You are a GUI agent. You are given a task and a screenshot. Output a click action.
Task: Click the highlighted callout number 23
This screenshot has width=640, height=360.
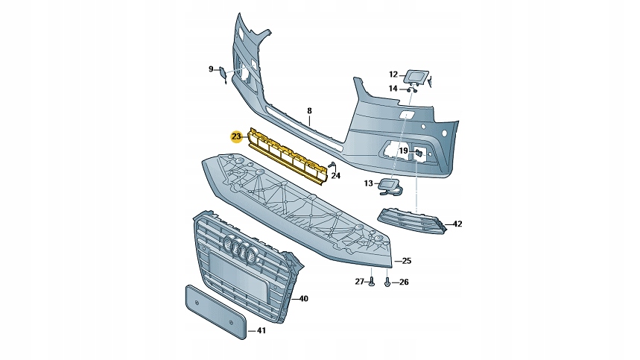tap(236, 136)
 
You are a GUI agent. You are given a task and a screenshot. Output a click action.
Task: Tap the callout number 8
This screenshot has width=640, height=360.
tap(309, 111)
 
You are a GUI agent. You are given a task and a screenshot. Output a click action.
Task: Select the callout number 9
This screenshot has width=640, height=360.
tap(210, 69)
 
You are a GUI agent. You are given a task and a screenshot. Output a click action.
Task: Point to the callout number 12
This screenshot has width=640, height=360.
tap(393, 74)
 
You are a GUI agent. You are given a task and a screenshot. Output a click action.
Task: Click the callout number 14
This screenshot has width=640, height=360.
tap(393, 89)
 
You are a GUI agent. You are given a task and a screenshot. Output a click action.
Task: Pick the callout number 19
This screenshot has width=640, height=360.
tap(402, 151)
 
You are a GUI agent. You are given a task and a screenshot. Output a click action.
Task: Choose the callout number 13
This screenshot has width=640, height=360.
tap(368, 183)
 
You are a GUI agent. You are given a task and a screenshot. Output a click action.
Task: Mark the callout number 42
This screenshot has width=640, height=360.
tap(457, 224)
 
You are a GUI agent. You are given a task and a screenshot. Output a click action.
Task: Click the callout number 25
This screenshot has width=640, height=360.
tap(407, 261)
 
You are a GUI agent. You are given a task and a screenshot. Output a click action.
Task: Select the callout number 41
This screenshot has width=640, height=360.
tap(261, 330)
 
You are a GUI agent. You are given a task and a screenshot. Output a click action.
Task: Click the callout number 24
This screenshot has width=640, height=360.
tap(336, 176)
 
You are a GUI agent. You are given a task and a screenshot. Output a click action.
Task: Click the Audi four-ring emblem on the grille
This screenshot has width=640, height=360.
tap(242, 250)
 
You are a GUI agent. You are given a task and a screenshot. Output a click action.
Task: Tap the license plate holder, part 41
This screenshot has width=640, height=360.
tap(214, 309)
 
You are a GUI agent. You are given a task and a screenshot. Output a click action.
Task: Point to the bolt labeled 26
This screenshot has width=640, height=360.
tap(387, 282)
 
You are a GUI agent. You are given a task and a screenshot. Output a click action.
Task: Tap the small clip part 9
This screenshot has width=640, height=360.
tap(223, 73)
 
